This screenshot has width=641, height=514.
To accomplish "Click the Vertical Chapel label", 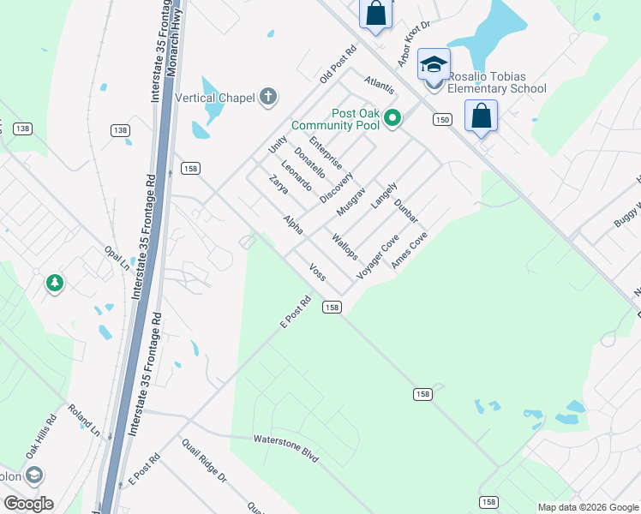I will [x=214, y=98].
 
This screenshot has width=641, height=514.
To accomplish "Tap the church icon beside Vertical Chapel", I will [x=268, y=97].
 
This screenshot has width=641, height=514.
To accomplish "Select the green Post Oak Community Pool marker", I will [x=392, y=118].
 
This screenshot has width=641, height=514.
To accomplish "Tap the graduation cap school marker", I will [x=434, y=65].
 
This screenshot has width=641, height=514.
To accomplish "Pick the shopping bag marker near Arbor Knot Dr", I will [x=375, y=13].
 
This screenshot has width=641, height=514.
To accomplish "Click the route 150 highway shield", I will [x=442, y=120].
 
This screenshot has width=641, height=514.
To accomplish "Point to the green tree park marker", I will [x=55, y=282].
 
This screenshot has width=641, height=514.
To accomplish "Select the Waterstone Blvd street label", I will [x=285, y=449].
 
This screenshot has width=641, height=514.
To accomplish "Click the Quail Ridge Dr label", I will [x=203, y=460].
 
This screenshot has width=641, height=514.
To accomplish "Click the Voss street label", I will [x=317, y=272].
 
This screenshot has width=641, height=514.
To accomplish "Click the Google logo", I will [x=28, y=504].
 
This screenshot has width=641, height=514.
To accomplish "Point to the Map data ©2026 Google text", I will [x=588, y=507].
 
